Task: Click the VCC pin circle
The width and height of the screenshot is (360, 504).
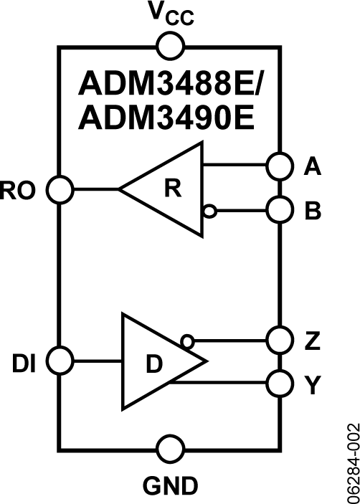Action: point(171,46)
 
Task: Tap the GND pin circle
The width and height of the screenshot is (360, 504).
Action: point(171,449)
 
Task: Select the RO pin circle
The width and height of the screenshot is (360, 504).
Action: point(60,190)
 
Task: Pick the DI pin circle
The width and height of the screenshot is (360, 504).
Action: point(60,361)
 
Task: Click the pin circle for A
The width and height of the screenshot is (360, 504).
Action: point(280,166)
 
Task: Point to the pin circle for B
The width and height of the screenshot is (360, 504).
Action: point(280,210)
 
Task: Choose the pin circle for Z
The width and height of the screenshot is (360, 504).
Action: point(280,339)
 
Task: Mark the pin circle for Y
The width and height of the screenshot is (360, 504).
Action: point(280,383)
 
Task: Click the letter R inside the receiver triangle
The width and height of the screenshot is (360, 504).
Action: point(173,189)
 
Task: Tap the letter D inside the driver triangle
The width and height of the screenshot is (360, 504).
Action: point(154,364)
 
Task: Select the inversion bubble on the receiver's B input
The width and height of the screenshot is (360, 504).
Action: point(210,211)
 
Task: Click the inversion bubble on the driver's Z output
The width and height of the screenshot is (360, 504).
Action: point(186,341)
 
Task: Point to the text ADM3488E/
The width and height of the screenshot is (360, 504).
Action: point(173,83)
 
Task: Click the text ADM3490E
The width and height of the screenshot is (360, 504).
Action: point(166,118)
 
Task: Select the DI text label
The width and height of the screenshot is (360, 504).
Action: point(24,364)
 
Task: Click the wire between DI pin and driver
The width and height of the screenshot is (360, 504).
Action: point(98,361)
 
